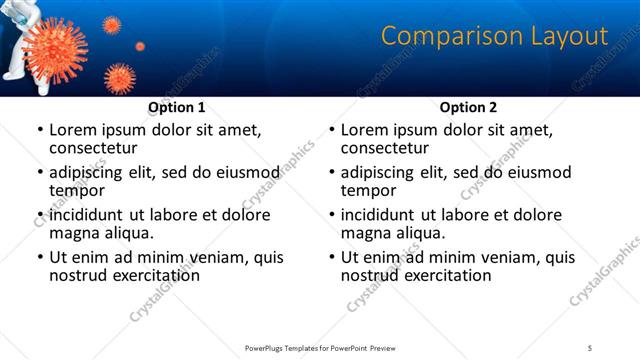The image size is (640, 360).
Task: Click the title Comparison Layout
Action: [x=494, y=37]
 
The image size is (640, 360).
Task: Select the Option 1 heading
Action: [x=177, y=107]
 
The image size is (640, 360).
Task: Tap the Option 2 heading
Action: [x=469, y=107]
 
